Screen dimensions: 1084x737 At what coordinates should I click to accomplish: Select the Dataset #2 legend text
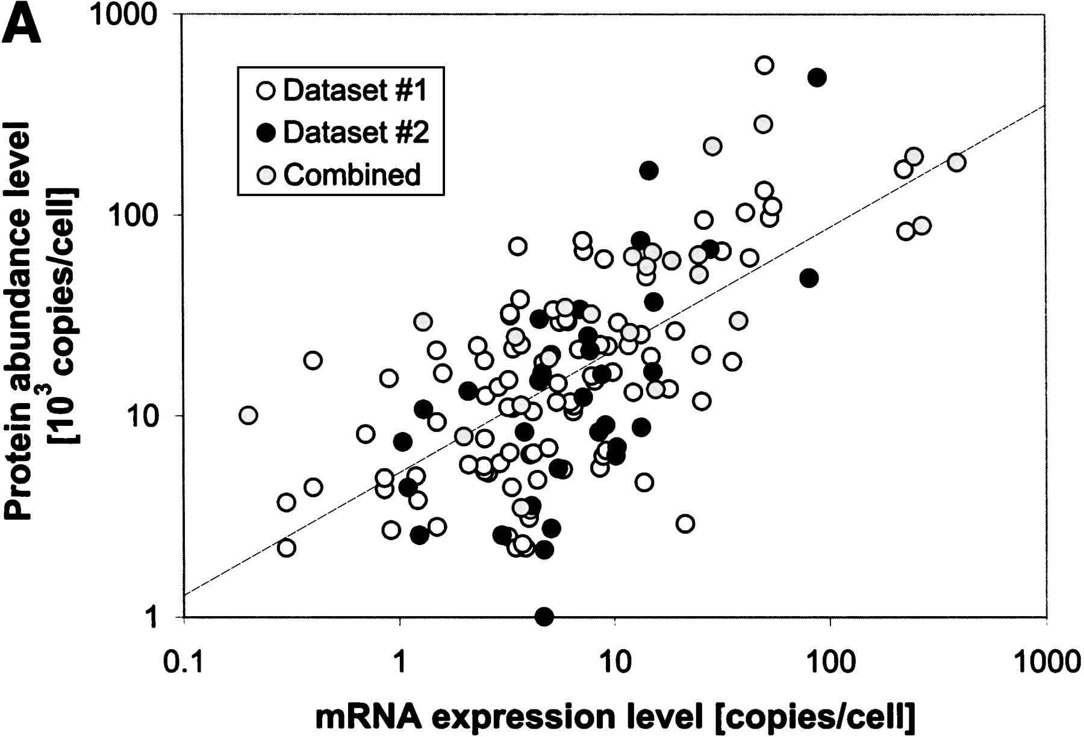pyautogui.click(x=356, y=132)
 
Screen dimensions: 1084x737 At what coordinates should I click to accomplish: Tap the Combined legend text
pyautogui.click(x=352, y=174)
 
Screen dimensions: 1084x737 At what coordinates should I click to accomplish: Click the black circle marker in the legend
pyautogui.click(x=266, y=132)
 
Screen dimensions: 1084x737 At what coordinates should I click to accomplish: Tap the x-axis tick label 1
pyautogui.click(x=399, y=662)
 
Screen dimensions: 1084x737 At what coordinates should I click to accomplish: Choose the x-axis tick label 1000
pyautogui.click(x=1047, y=662)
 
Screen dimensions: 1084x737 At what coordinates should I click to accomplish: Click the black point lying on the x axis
pyautogui.click(x=544, y=617)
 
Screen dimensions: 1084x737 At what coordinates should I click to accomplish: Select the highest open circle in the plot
pyautogui.click(x=764, y=65)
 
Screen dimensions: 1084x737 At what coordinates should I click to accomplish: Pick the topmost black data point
pyautogui.click(x=817, y=77)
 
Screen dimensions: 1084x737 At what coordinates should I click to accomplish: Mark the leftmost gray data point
pyautogui.click(x=248, y=415)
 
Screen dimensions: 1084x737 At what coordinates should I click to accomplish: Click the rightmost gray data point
pyautogui.click(x=956, y=162)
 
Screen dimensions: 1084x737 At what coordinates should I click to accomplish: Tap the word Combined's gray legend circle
pyautogui.click(x=266, y=174)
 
